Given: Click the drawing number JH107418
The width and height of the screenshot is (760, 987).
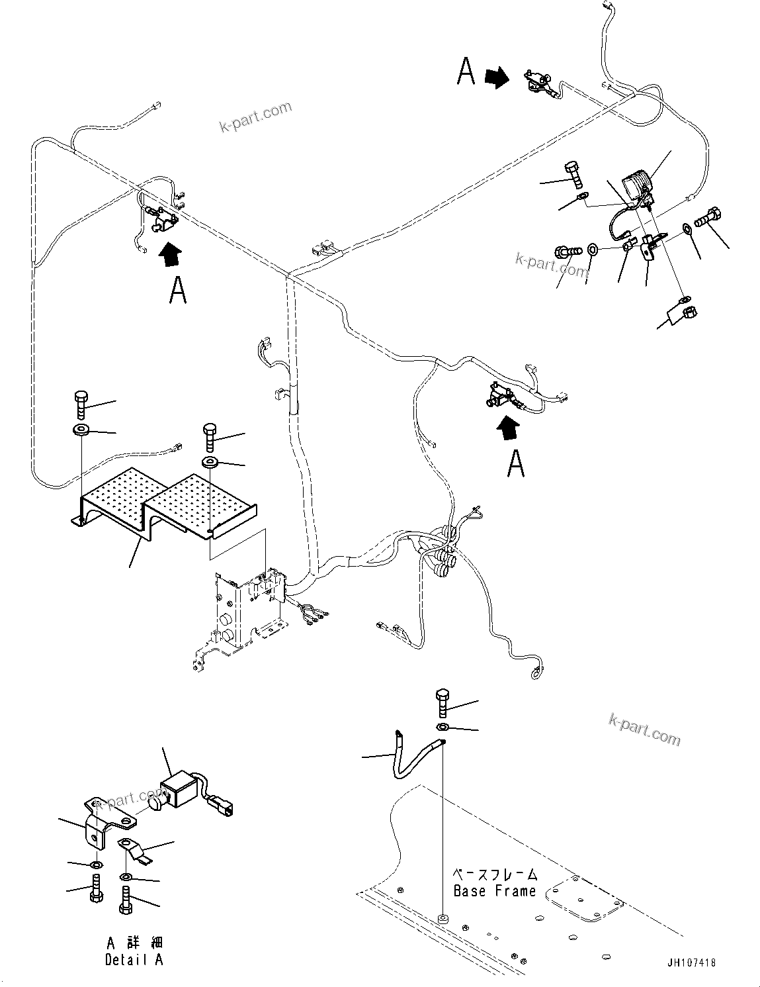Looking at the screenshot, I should pos(691,963).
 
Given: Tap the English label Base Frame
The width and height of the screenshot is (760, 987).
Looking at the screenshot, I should pos(494,891).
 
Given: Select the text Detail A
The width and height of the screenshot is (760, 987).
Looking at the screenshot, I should pos(134,959).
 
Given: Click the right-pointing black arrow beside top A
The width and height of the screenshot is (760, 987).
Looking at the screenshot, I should pos(497,78).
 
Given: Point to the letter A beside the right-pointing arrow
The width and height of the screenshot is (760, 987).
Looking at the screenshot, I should pos(466,71).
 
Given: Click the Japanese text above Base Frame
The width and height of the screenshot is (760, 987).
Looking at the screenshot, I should pos(495,874).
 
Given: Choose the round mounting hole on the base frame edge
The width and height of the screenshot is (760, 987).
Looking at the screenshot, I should pos(442,919).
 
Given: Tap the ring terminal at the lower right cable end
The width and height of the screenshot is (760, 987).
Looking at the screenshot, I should pos(536,676).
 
